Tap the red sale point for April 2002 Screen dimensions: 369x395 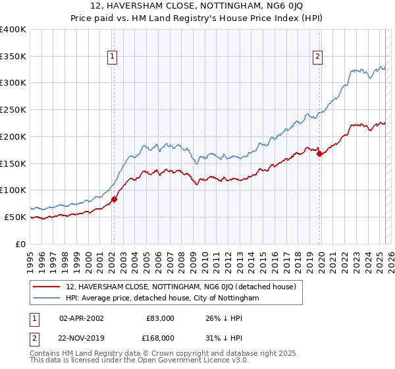pos(114,198)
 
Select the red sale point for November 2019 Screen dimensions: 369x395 pos(320,154)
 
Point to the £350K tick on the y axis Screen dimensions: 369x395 pos(14,56)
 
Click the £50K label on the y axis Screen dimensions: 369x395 pos(16,217)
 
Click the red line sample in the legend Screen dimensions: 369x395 pos(47,287)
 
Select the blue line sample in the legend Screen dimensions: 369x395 pos(47,298)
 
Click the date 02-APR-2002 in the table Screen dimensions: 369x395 pos(82,318)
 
